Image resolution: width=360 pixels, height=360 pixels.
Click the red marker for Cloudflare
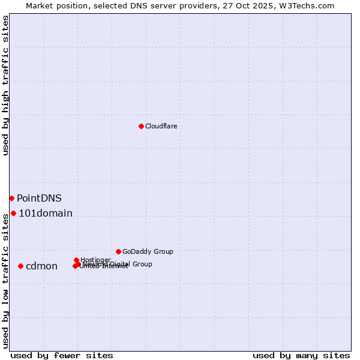click(141, 126)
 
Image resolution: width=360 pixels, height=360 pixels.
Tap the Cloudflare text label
click(161, 126)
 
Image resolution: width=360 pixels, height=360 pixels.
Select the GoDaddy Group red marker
click(118, 251)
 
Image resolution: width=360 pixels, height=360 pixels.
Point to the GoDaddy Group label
click(148, 251)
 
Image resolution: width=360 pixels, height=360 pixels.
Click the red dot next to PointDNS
click(11, 198)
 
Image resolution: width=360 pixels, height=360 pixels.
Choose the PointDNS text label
click(39, 198)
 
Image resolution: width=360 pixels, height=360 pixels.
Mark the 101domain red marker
click(13, 213)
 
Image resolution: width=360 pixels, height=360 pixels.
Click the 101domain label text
click(46, 213)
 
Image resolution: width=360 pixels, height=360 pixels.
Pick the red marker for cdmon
click(20, 266)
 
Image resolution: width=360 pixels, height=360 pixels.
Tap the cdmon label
click(41, 266)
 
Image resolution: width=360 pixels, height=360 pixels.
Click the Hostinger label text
click(95, 259)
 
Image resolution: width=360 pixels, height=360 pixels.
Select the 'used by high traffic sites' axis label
click(5, 85)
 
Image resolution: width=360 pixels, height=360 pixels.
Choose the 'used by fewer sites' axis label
click(62, 355)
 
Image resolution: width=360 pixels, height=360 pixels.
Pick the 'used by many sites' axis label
click(301, 355)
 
